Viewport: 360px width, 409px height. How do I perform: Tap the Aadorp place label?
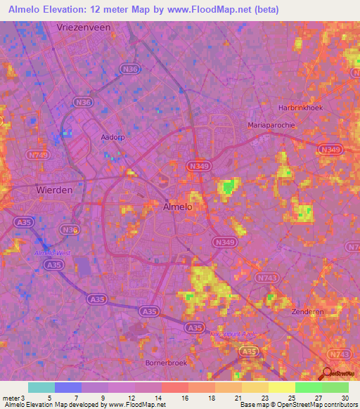point(112,137)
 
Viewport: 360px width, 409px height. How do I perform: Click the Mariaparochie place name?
point(271,124)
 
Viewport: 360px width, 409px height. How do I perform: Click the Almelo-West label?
point(49,252)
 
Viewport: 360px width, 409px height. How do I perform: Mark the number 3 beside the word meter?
point(23,398)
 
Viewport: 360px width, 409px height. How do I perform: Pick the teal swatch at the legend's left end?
point(41,387)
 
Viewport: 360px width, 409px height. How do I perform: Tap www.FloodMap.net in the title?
point(219,10)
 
